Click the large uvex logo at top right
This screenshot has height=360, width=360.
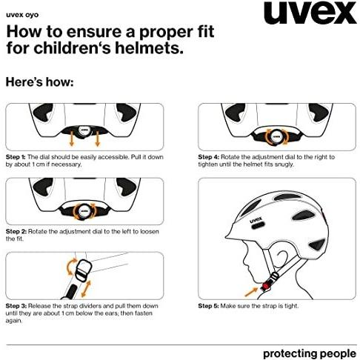310,13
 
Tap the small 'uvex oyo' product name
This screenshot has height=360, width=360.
22,15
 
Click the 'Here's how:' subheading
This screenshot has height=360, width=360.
39,82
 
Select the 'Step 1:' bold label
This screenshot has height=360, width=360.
16,157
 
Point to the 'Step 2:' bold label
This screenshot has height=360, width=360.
16,232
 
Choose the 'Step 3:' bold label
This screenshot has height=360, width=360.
16,306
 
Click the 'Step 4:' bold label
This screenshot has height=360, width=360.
208,157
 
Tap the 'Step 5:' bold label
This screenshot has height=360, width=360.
208,306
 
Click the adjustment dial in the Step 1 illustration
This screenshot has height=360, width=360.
84,130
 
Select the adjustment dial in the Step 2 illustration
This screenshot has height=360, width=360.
84,211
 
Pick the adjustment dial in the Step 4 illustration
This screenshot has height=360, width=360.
276,136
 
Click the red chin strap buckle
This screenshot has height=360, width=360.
265,287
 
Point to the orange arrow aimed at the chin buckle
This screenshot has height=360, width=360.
251,292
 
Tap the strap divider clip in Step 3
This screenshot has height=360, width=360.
83,270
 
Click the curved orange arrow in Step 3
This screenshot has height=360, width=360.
71,267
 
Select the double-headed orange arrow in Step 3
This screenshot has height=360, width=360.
86,289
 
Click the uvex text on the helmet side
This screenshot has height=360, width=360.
256,220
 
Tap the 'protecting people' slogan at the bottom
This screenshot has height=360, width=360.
310,353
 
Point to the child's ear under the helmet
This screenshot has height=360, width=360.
283,258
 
